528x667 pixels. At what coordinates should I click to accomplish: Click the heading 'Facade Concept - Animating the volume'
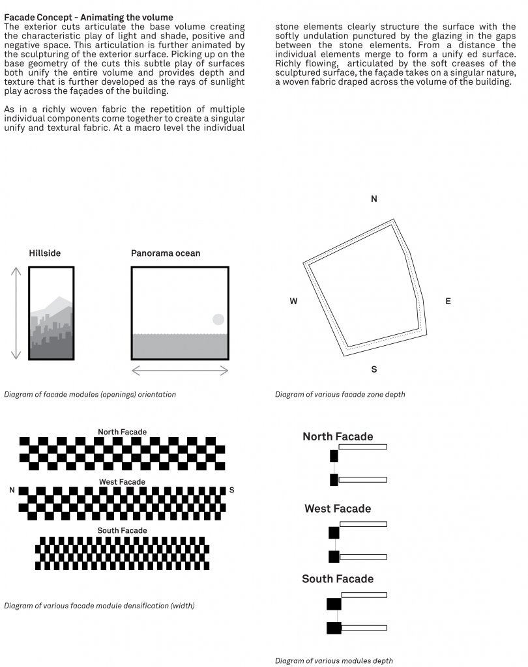[89, 18]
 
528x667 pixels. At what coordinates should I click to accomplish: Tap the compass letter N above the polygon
[374, 199]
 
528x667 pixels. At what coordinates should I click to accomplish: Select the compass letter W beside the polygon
[294, 302]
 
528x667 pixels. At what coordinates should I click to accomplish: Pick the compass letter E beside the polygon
[448, 302]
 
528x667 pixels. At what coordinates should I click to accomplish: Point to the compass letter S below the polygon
[374, 369]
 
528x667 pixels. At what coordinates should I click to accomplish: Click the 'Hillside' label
[45, 253]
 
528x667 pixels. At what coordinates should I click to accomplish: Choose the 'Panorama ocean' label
[166, 253]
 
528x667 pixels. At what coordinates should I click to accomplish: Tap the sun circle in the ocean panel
[218, 319]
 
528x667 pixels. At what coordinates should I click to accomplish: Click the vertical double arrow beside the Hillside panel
[16, 313]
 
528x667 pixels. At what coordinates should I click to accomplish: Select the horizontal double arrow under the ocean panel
[180, 371]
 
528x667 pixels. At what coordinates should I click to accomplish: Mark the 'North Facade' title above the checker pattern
[123, 432]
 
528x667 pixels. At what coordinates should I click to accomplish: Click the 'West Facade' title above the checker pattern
[123, 482]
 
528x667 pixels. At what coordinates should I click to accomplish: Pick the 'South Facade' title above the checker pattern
[123, 531]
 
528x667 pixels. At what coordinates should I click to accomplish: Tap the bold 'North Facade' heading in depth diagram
[338, 437]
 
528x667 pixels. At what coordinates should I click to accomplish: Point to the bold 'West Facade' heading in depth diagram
[338, 509]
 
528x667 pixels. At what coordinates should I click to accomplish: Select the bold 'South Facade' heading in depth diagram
[338, 579]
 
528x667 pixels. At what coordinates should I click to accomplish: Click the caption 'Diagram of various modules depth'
[334, 661]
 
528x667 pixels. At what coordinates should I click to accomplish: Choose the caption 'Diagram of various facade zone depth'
[340, 394]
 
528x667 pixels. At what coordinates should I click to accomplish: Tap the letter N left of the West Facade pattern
[12, 490]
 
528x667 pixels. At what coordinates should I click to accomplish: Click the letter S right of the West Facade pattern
[231, 490]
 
